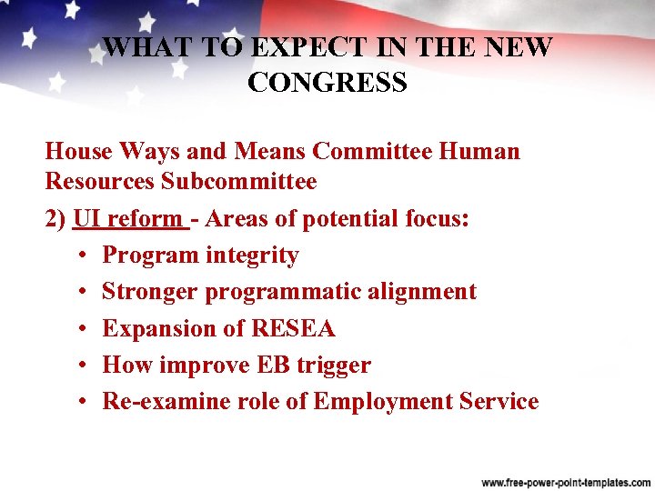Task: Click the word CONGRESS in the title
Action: pyautogui.click(x=327, y=83)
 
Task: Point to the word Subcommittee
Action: pyautogui.click(x=239, y=181)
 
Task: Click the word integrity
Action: pyautogui.click(x=252, y=256)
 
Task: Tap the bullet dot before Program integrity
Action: pyautogui.click(x=82, y=256)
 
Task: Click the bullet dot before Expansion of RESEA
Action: pyautogui.click(x=82, y=329)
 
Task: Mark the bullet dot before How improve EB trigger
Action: pyautogui.click(x=82, y=366)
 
